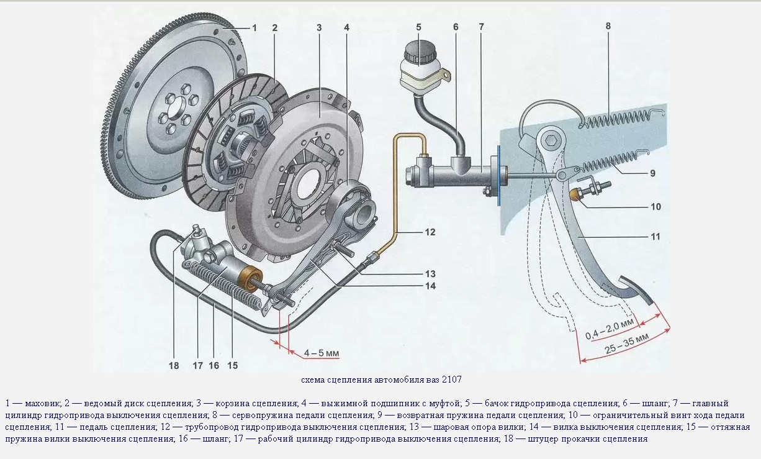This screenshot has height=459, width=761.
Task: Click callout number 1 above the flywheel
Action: coord(254,27)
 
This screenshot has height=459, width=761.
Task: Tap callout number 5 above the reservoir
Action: coord(418,27)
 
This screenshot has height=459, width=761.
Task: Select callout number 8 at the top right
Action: coord(608,27)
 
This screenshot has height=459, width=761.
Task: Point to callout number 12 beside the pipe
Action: coord(430,232)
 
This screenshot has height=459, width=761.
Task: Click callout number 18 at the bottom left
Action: coord(174,365)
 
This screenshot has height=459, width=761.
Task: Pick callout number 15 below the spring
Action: coord(232,365)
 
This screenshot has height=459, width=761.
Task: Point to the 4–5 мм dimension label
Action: coord(321,353)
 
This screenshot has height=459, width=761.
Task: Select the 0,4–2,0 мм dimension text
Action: coord(611,329)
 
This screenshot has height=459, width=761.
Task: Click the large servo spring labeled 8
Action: coord(621,119)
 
